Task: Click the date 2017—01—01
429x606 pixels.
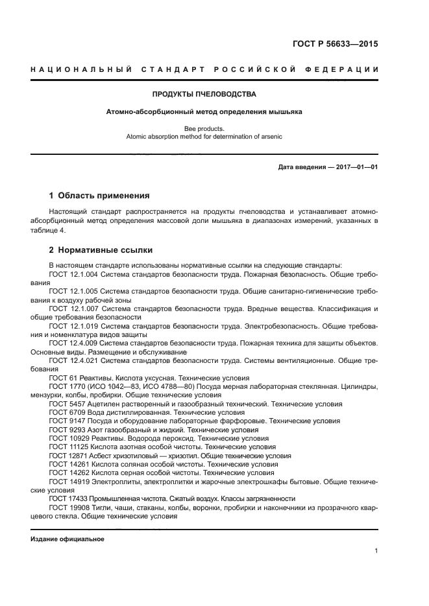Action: tap(355, 167)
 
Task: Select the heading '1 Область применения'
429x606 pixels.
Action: tap(100, 195)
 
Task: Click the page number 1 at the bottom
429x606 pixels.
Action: tap(376, 551)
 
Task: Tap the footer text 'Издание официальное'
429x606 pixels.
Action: tap(67, 539)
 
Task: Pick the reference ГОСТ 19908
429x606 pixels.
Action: tap(69, 507)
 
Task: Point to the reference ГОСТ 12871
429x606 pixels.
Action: tap(69, 456)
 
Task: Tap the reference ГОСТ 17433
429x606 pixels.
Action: tap(69, 498)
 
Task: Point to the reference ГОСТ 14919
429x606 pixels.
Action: tap(69, 482)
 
